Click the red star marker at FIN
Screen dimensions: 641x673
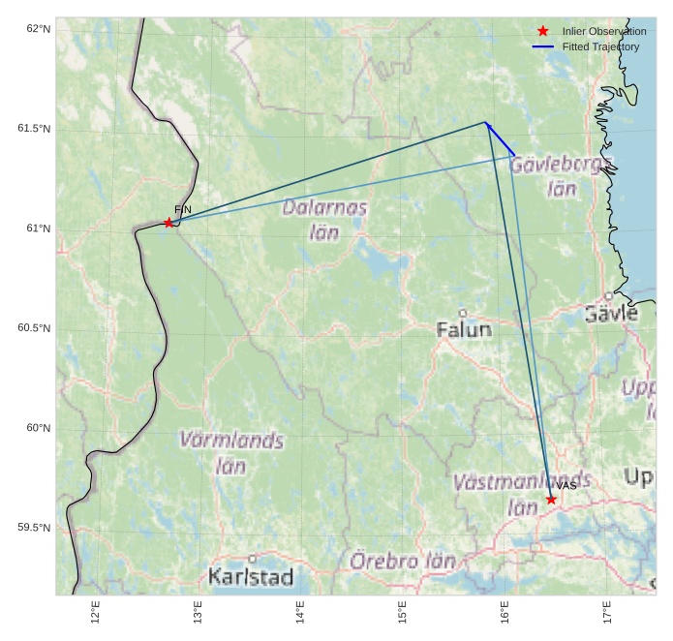pyautogui.click(x=168, y=223)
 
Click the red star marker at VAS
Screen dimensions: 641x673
pyautogui.click(x=551, y=500)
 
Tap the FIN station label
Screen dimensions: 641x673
pyautogui.click(x=183, y=210)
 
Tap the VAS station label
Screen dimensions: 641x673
pyautogui.click(x=566, y=486)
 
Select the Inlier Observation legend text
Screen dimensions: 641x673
pyautogui.click(x=604, y=31)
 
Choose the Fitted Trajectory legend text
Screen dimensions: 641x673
pyautogui.click(x=600, y=46)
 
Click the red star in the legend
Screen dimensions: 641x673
pyautogui.click(x=543, y=31)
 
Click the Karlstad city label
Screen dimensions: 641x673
pyautogui.click(x=251, y=577)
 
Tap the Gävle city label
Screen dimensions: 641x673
pyautogui.click(x=611, y=313)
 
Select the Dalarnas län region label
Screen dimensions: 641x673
pyautogui.click(x=325, y=220)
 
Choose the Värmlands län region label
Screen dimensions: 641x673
pyautogui.click(x=231, y=452)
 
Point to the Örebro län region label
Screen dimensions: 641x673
pyautogui.click(x=403, y=561)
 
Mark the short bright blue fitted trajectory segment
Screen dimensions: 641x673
pyautogui.click(x=500, y=138)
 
